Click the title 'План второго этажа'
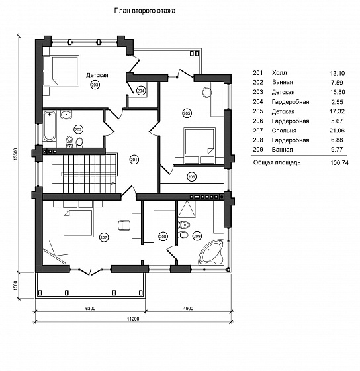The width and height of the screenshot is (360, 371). click(x=145, y=11)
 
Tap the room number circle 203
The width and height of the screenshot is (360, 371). click(x=95, y=85)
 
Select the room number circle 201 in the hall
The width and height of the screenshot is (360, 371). click(x=134, y=160)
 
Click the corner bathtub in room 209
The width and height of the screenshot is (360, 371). click(x=211, y=252)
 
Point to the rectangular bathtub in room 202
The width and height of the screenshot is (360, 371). click(x=50, y=127)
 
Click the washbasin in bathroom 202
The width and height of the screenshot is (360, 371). click(x=66, y=115)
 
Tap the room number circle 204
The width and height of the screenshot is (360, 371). click(x=141, y=91)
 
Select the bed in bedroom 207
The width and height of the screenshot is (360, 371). click(x=77, y=223)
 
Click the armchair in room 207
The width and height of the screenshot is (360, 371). click(x=124, y=225)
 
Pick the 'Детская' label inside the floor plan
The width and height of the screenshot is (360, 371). click(x=97, y=75)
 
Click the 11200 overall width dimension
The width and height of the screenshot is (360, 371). click(x=133, y=319)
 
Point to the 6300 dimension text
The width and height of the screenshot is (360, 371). click(x=90, y=308)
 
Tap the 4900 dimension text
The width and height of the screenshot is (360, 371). click(x=188, y=308)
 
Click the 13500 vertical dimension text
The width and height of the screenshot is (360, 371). click(x=16, y=154)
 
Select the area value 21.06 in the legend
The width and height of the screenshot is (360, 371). click(x=337, y=131)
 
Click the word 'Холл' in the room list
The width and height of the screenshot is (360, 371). click(x=279, y=73)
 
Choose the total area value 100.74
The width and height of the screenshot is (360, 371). click(x=339, y=162)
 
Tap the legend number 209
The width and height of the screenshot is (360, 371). click(x=258, y=150)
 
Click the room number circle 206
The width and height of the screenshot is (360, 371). click(x=191, y=176)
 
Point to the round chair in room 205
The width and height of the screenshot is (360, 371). click(x=206, y=92)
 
